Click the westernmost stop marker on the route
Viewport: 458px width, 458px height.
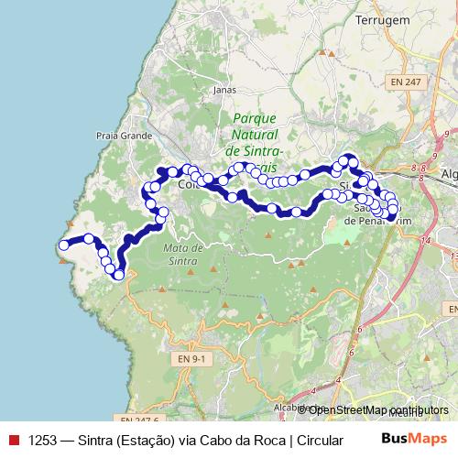pos(63,245)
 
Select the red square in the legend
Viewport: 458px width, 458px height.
pos(13,440)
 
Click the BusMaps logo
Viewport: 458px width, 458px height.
pos(414,439)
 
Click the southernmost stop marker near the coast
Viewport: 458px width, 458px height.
pos(119,275)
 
